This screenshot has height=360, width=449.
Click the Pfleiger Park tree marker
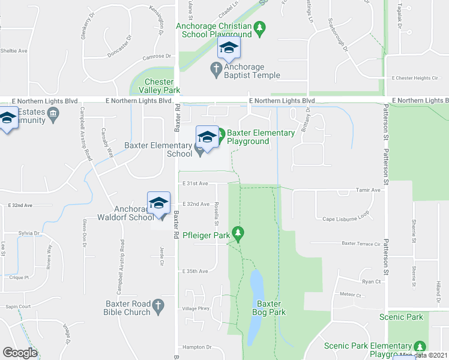pos(238,232)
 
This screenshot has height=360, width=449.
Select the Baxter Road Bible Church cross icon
pos(158,307)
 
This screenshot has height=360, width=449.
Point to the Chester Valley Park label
pos(159,85)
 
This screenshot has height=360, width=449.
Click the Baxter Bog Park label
pos(269,308)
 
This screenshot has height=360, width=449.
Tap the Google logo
pos(20,353)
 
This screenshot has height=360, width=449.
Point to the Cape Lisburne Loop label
pos(345,219)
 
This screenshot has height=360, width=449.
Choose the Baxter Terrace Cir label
pos(361,244)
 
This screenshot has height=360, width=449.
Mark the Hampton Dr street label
pos(197,347)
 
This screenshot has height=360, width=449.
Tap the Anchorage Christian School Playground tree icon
pos(259,27)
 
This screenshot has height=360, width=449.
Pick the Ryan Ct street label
pos(372,281)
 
